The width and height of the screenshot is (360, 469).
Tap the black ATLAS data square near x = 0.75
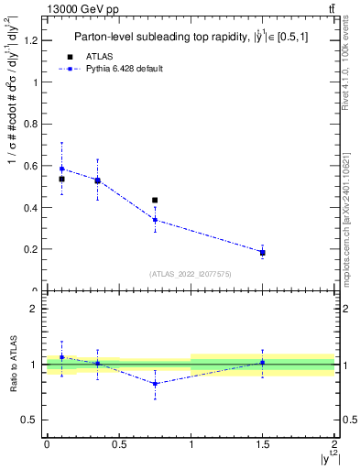(155, 200)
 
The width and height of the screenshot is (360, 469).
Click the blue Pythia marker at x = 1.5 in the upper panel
(263, 252)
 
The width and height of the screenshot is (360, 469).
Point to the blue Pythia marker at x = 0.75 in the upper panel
(155, 220)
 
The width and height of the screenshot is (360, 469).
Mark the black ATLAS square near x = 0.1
(61, 179)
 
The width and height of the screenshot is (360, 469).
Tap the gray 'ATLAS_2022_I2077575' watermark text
(190, 273)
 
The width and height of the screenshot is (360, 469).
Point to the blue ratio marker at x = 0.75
(155, 384)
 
